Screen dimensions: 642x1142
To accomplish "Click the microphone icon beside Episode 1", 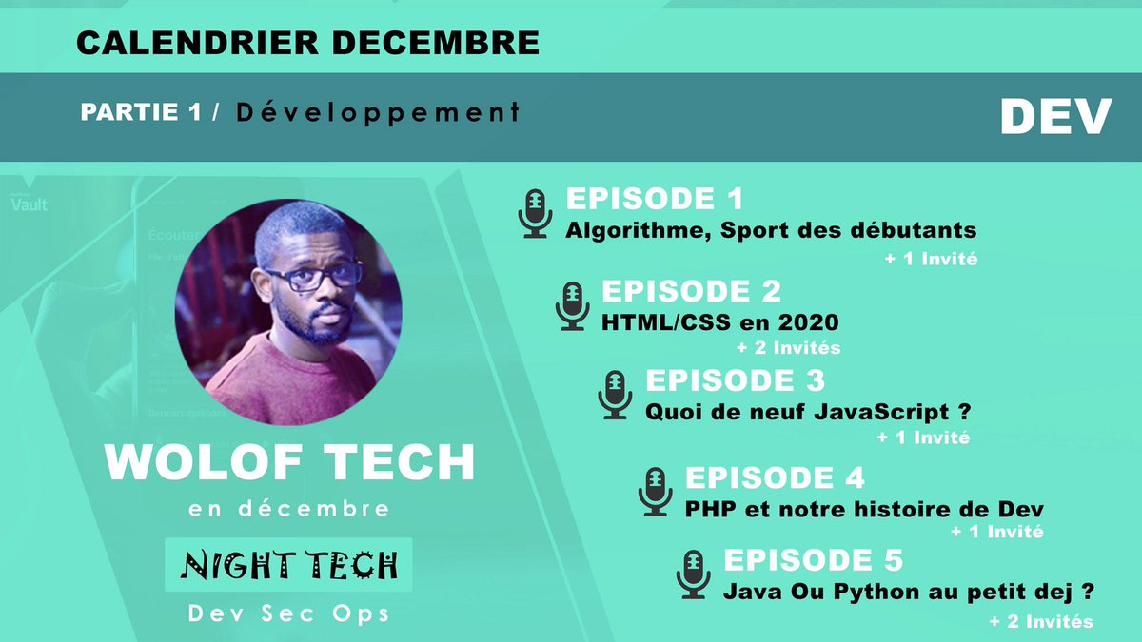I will pyautogui.click(x=535, y=212).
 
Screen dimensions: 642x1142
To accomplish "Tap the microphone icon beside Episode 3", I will pyautogui.click(x=615, y=395).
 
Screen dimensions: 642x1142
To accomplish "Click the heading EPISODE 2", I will pyautogui.click(x=691, y=290).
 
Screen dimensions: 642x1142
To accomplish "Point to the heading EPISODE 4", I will pyautogui.click(x=775, y=477).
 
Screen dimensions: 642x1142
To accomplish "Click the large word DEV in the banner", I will pyautogui.click(x=1055, y=117).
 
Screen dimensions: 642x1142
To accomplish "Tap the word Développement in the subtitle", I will pyautogui.click(x=377, y=112).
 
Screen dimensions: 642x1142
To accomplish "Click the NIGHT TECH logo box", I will pyautogui.click(x=289, y=566).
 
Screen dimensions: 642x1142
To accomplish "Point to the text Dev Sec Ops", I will pyautogui.click(x=289, y=613).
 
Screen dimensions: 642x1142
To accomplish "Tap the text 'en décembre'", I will pyautogui.click(x=289, y=509).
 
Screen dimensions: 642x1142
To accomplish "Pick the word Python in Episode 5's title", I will pyautogui.click(x=872, y=592).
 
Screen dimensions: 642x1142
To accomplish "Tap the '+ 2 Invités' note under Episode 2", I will pyautogui.click(x=788, y=347).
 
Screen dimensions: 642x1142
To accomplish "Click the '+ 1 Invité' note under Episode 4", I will pyautogui.click(x=996, y=532).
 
